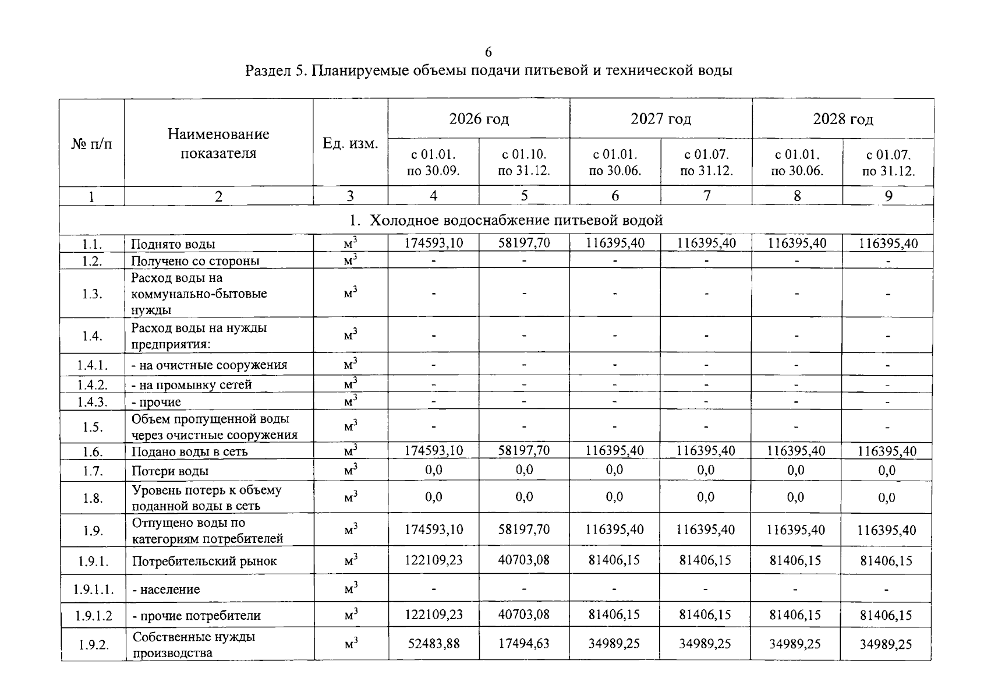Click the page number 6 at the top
(488, 52)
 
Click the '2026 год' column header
(479, 119)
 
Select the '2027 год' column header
(661, 119)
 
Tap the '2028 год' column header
(843, 119)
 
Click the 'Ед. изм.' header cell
(351, 143)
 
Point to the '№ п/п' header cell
(91, 143)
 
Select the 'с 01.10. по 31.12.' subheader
(524, 163)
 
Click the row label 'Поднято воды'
(173, 244)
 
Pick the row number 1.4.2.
(92, 385)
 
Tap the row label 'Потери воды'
(170, 471)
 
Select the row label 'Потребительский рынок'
(204, 561)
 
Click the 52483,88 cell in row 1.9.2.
(434, 644)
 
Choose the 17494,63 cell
(524, 644)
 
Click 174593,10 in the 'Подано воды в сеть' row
(434, 451)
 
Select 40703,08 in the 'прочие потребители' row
(524, 615)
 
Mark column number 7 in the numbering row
(706, 196)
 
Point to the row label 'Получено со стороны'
(195, 261)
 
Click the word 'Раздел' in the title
(267, 71)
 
